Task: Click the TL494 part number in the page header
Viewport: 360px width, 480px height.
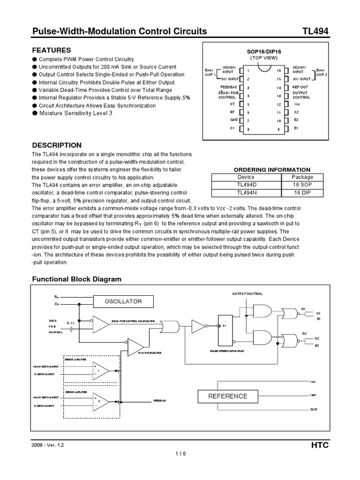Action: pos(315,31)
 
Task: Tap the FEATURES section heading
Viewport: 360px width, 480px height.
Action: pos(51,50)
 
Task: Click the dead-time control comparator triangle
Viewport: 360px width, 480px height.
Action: pos(100,323)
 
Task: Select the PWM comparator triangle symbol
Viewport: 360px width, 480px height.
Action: pos(135,346)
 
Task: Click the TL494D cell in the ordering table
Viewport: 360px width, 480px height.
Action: pos(246,185)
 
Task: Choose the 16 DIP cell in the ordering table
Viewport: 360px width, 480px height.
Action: pos(302,193)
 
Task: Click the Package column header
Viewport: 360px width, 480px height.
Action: pos(302,177)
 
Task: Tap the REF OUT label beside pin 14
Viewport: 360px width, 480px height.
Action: pos(300,87)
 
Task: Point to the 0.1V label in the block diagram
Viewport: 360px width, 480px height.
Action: pos(70,323)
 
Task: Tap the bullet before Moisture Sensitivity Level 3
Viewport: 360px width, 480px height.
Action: pos(35,113)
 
